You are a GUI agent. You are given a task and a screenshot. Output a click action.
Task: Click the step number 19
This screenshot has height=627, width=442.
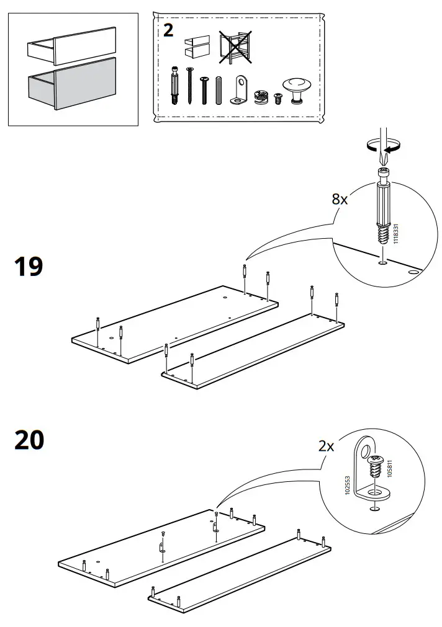tap(29, 267)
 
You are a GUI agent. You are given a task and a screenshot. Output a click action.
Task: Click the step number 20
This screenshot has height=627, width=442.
tap(29, 440)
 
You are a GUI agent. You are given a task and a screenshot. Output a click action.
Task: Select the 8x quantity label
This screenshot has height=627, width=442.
tap(340, 199)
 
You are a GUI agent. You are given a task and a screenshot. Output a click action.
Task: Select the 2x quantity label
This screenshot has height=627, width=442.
tap(326, 446)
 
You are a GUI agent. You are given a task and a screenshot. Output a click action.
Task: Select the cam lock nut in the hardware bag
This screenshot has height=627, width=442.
tap(261, 97)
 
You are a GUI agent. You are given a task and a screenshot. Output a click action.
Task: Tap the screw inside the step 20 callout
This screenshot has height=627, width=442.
tap(375, 465)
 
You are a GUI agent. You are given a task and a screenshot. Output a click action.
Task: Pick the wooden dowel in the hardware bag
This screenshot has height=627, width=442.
tap(218, 90)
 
